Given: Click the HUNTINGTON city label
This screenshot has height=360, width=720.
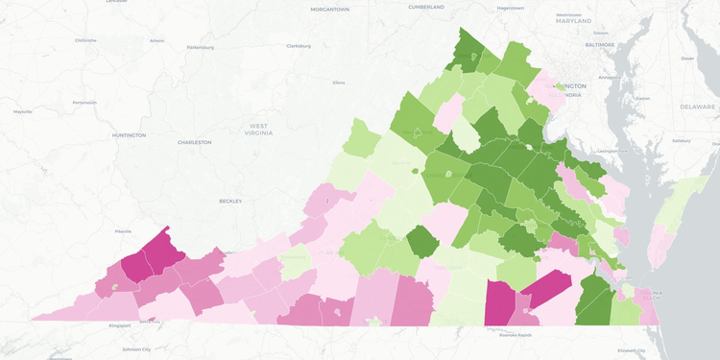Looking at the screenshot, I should (x=129, y=135).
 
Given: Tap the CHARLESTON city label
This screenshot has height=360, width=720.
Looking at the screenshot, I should (x=194, y=142).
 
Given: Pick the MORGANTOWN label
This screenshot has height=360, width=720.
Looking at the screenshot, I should (x=329, y=9).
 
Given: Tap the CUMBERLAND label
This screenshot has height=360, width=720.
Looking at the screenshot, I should (x=426, y=7).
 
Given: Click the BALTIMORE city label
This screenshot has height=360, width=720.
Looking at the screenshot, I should (x=600, y=44).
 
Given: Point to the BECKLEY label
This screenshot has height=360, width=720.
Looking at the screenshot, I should (x=230, y=201).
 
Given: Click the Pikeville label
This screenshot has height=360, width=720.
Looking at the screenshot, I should (x=123, y=231).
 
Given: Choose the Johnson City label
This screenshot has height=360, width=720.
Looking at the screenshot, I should (x=134, y=348).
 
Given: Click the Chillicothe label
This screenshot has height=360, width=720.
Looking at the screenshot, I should (x=85, y=40).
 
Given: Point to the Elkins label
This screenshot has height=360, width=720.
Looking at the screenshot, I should (x=338, y=83).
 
